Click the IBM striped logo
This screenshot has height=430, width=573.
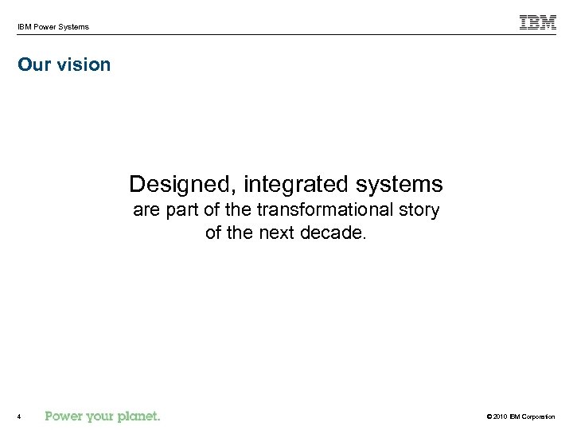point(538,23)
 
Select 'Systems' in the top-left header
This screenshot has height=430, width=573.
point(74,27)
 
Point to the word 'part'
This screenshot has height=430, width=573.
point(176,210)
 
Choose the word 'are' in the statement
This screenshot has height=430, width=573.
point(146,210)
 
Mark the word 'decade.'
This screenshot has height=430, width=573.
point(335,233)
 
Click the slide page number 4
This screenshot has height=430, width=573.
point(18,416)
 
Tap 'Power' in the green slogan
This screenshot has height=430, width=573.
point(65,416)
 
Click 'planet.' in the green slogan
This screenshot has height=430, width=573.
point(140,416)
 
